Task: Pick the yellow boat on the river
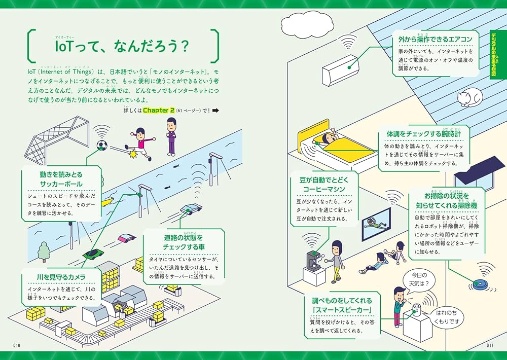coord(107,202)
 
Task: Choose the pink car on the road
coord(127,237)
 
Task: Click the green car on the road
coord(92,254)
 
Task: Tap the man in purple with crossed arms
coord(172,135)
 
